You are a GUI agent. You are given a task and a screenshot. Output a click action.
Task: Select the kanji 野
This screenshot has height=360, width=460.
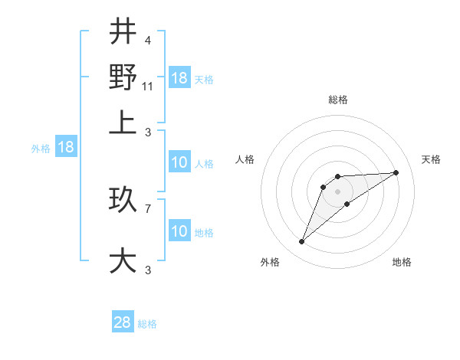pos(123,77)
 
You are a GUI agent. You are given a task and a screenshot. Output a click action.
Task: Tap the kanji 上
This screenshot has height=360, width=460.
pos(123,123)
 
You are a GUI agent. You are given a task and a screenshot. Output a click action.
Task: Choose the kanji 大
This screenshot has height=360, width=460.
pos(123,260)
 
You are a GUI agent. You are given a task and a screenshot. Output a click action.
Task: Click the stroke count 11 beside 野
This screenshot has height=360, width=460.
pos(148,87)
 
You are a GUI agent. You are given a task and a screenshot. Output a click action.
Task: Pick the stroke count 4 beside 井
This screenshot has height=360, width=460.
pos(147,41)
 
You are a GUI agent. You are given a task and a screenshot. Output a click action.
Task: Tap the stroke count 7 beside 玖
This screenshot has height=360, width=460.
pos(147,208)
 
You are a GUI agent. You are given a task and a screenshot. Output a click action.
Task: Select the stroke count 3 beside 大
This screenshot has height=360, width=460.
pos(147,270)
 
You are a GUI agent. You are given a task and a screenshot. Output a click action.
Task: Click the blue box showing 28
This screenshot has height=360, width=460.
pos(123,322)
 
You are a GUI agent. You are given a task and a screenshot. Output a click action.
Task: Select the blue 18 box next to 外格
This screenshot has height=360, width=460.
pos(65,148)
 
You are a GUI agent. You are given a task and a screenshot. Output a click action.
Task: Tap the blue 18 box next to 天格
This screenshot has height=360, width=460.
pos(179,78)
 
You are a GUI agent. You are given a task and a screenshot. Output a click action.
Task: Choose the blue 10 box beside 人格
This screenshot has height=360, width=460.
pos(179,162)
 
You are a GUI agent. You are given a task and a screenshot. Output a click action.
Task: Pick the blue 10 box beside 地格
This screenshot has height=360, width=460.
pos(179,231)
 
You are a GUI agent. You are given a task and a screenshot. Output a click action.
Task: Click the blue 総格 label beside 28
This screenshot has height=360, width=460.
pos(147,324)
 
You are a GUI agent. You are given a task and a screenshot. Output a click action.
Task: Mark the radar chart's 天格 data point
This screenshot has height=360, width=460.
pos(396,172)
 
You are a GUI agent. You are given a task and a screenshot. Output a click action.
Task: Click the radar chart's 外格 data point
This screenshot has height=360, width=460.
pos(302,242)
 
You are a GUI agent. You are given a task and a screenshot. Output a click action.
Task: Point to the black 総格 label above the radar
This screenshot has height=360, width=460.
pos(338,100)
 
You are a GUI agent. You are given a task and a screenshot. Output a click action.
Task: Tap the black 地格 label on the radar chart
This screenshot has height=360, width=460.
pos(402,262)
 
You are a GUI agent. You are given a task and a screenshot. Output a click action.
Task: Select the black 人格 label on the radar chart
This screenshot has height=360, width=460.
pos(245,159)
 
